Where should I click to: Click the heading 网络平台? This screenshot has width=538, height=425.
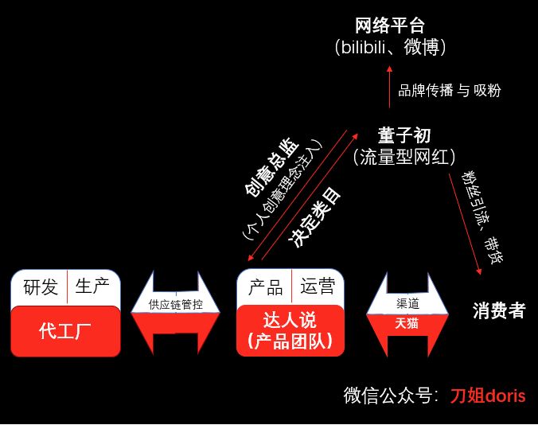[391, 25]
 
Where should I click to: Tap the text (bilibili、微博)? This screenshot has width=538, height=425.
[391, 48]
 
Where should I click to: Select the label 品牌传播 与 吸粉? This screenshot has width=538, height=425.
[450, 90]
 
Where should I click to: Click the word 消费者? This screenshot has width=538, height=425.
[498, 310]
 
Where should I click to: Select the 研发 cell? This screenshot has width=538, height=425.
[40, 287]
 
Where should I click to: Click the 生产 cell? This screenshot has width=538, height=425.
[92, 287]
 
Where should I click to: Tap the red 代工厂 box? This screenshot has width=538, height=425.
[65, 331]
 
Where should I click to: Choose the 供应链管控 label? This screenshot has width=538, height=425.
[175, 304]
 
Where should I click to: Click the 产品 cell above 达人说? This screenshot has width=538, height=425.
[266, 287]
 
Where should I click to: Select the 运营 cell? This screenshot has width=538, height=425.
[318, 287]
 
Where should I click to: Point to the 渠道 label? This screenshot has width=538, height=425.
[407, 304]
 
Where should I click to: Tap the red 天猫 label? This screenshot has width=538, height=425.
[407, 323]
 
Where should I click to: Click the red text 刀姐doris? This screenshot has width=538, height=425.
[488, 396]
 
